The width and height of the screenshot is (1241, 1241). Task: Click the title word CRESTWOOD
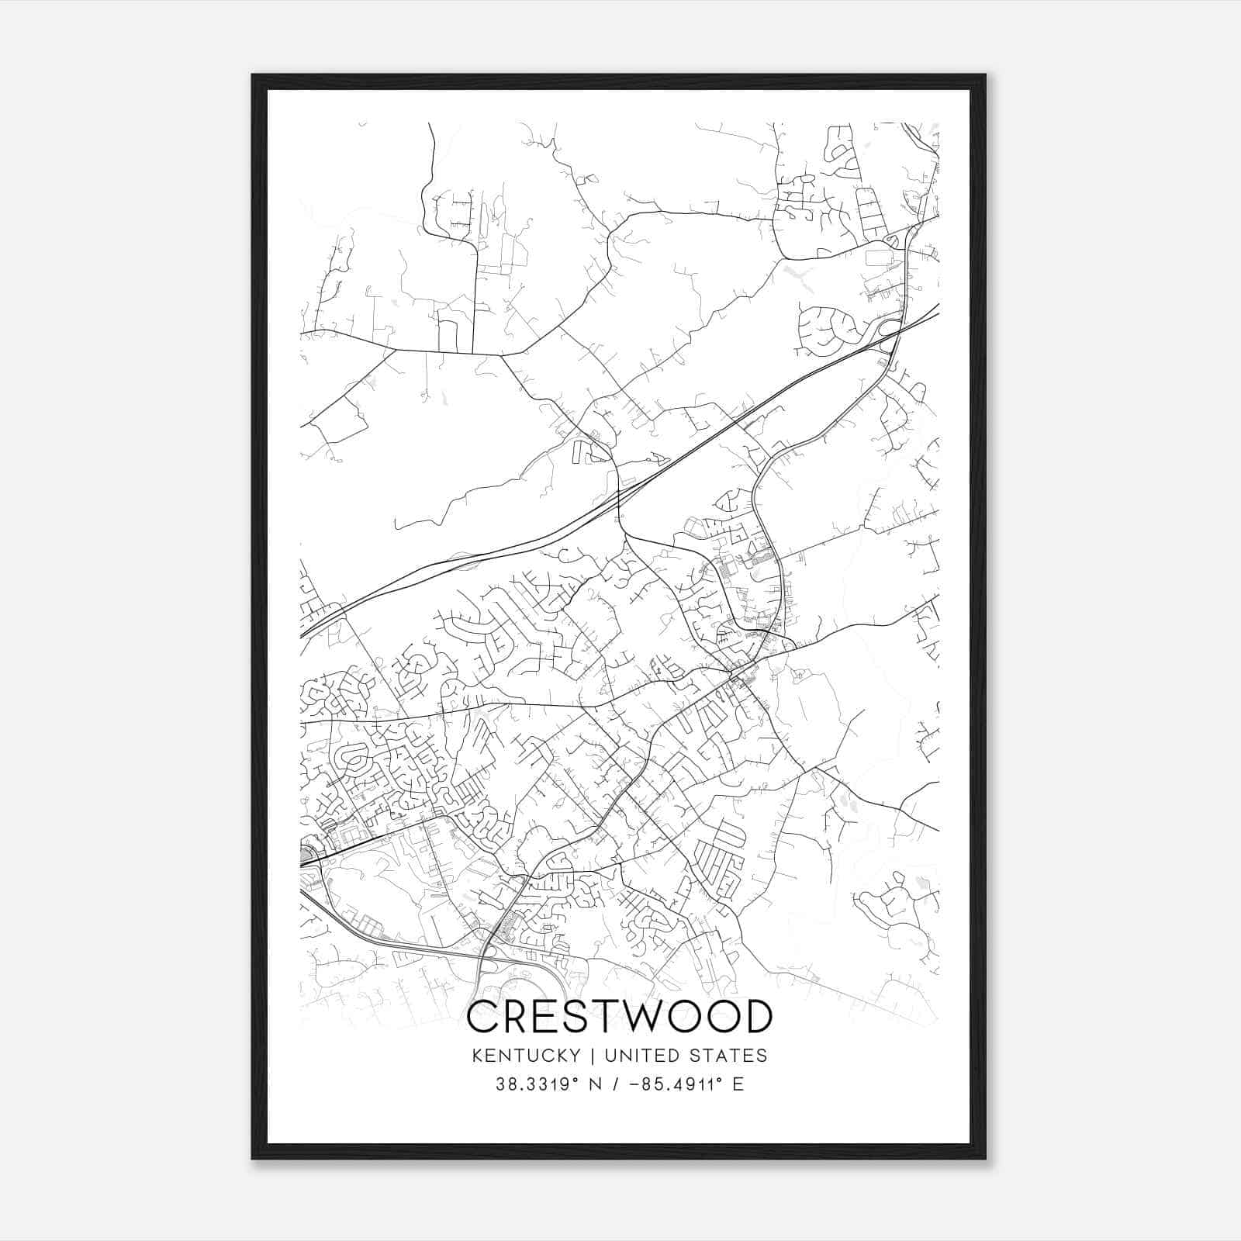tap(620, 1017)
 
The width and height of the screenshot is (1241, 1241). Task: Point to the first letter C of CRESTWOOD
tap(483, 1017)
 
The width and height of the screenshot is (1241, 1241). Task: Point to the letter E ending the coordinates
tap(738, 1084)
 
